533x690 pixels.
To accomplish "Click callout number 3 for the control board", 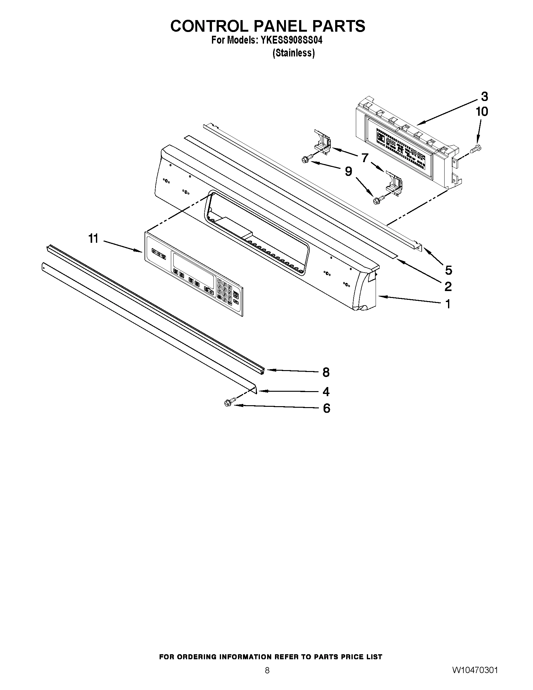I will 484,97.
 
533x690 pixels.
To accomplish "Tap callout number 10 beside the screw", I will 482,112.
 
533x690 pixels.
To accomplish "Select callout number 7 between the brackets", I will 365,157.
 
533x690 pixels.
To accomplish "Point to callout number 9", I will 348,172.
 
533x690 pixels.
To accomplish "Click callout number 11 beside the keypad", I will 93,239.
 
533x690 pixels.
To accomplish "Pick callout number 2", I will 448,287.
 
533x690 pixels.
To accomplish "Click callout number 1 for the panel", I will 447,304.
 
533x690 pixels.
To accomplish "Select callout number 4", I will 326,392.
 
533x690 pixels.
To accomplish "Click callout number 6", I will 326,408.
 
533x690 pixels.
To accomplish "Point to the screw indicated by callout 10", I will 477,147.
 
